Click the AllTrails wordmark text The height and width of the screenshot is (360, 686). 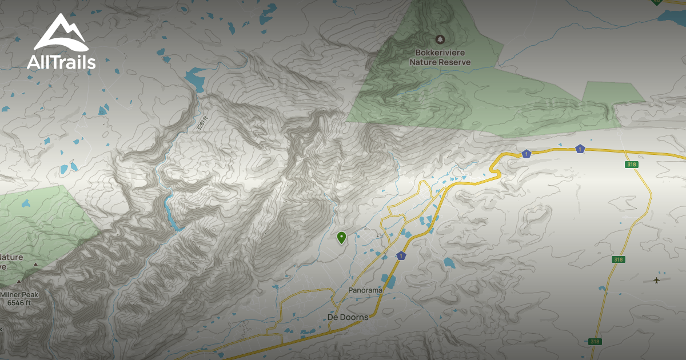pyautogui.click(x=61, y=62)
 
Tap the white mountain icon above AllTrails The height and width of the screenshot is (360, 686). pyautogui.click(x=61, y=33)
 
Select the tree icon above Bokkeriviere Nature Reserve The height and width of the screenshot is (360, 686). pyautogui.click(x=440, y=39)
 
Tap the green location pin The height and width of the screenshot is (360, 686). pyautogui.click(x=342, y=237)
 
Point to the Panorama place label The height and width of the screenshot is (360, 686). pyautogui.click(x=365, y=290)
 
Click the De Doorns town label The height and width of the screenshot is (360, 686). pyautogui.click(x=348, y=317)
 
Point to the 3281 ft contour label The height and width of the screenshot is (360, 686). pyautogui.click(x=200, y=123)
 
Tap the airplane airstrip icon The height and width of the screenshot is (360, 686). pyautogui.click(x=656, y=280)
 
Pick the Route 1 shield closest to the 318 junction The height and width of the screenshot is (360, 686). pyautogui.click(x=580, y=149)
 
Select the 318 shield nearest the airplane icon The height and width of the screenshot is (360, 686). pyautogui.click(x=617, y=259)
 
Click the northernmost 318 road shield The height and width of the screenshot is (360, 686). pyautogui.click(x=631, y=165)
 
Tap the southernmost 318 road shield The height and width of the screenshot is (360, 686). pyautogui.click(x=595, y=342)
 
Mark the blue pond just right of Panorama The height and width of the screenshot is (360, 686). pyautogui.click(x=389, y=282)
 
